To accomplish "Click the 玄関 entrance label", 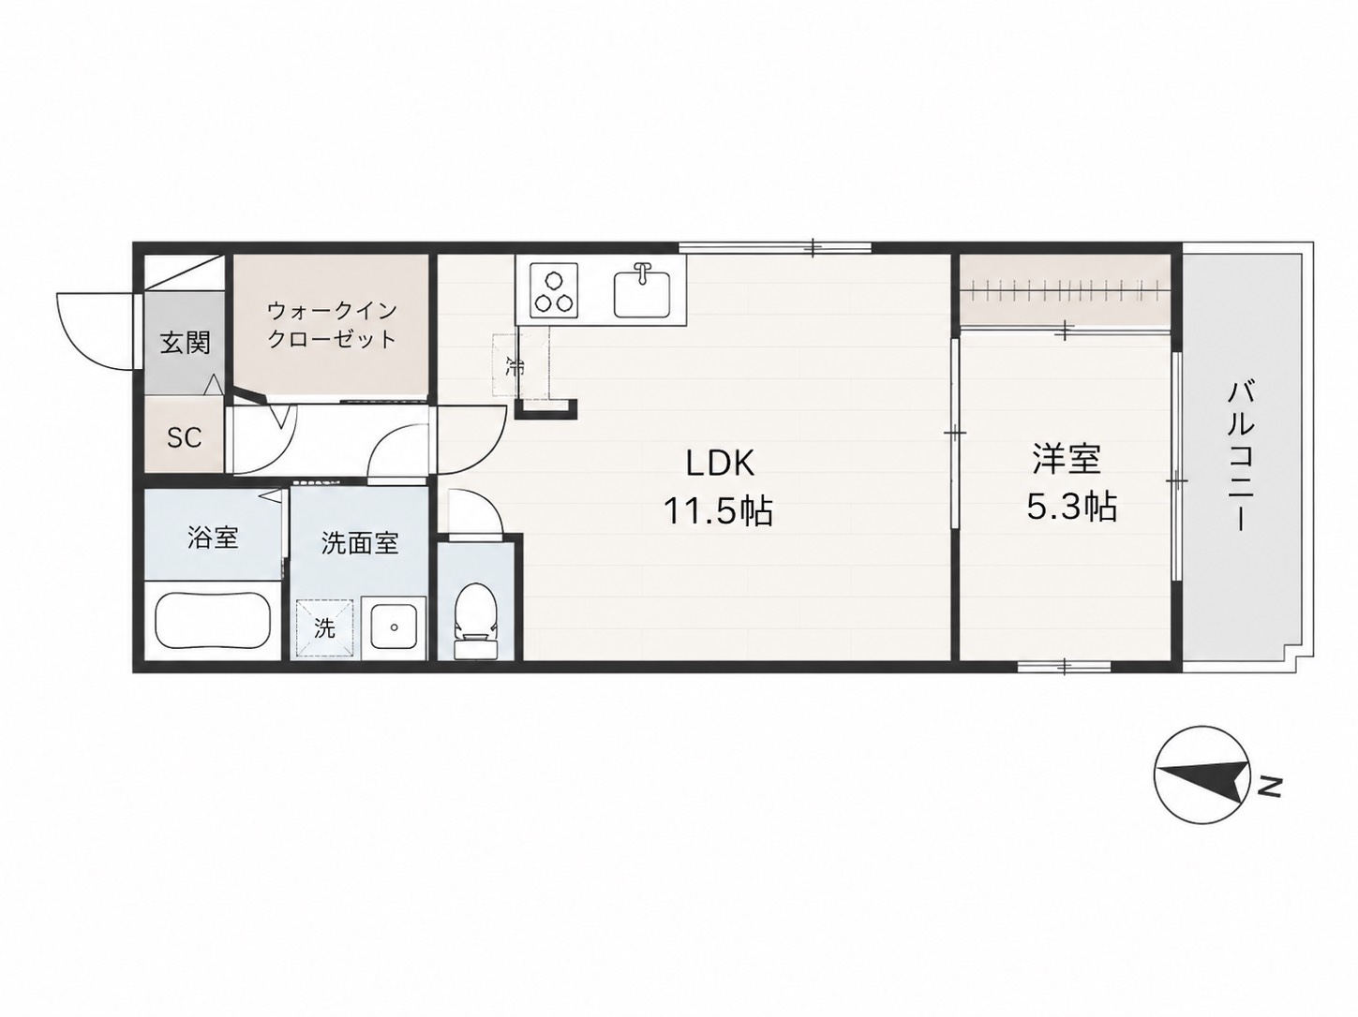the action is pos(186,343).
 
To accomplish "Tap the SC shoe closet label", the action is pos(185,437).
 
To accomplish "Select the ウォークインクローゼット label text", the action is pos(331,325).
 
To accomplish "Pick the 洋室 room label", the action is pos(1066,460).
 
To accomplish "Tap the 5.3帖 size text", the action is pos(1072,507).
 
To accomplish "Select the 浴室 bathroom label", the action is pos(213,538).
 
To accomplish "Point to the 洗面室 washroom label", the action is pos(360,543).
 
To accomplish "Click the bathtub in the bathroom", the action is pos(212,621).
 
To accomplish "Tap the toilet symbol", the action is pos(475,620).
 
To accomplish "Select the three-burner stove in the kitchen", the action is pos(554,290).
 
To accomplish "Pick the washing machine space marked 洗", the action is pos(325,628).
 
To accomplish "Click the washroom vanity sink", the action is pos(393,626).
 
